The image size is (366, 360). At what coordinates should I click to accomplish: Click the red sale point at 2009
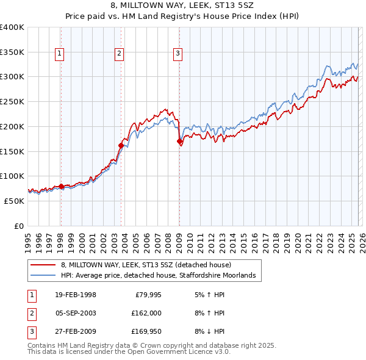click(179, 142)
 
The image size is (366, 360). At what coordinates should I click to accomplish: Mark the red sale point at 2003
click(121, 145)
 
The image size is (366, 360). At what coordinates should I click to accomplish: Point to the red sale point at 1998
click(61, 186)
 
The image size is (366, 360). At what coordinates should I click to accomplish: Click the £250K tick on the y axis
click(12, 101)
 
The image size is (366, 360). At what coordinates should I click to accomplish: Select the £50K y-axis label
click(15, 200)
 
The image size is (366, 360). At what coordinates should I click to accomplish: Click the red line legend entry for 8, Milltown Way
click(146, 265)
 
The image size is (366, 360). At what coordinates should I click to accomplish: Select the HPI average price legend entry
click(160, 276)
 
